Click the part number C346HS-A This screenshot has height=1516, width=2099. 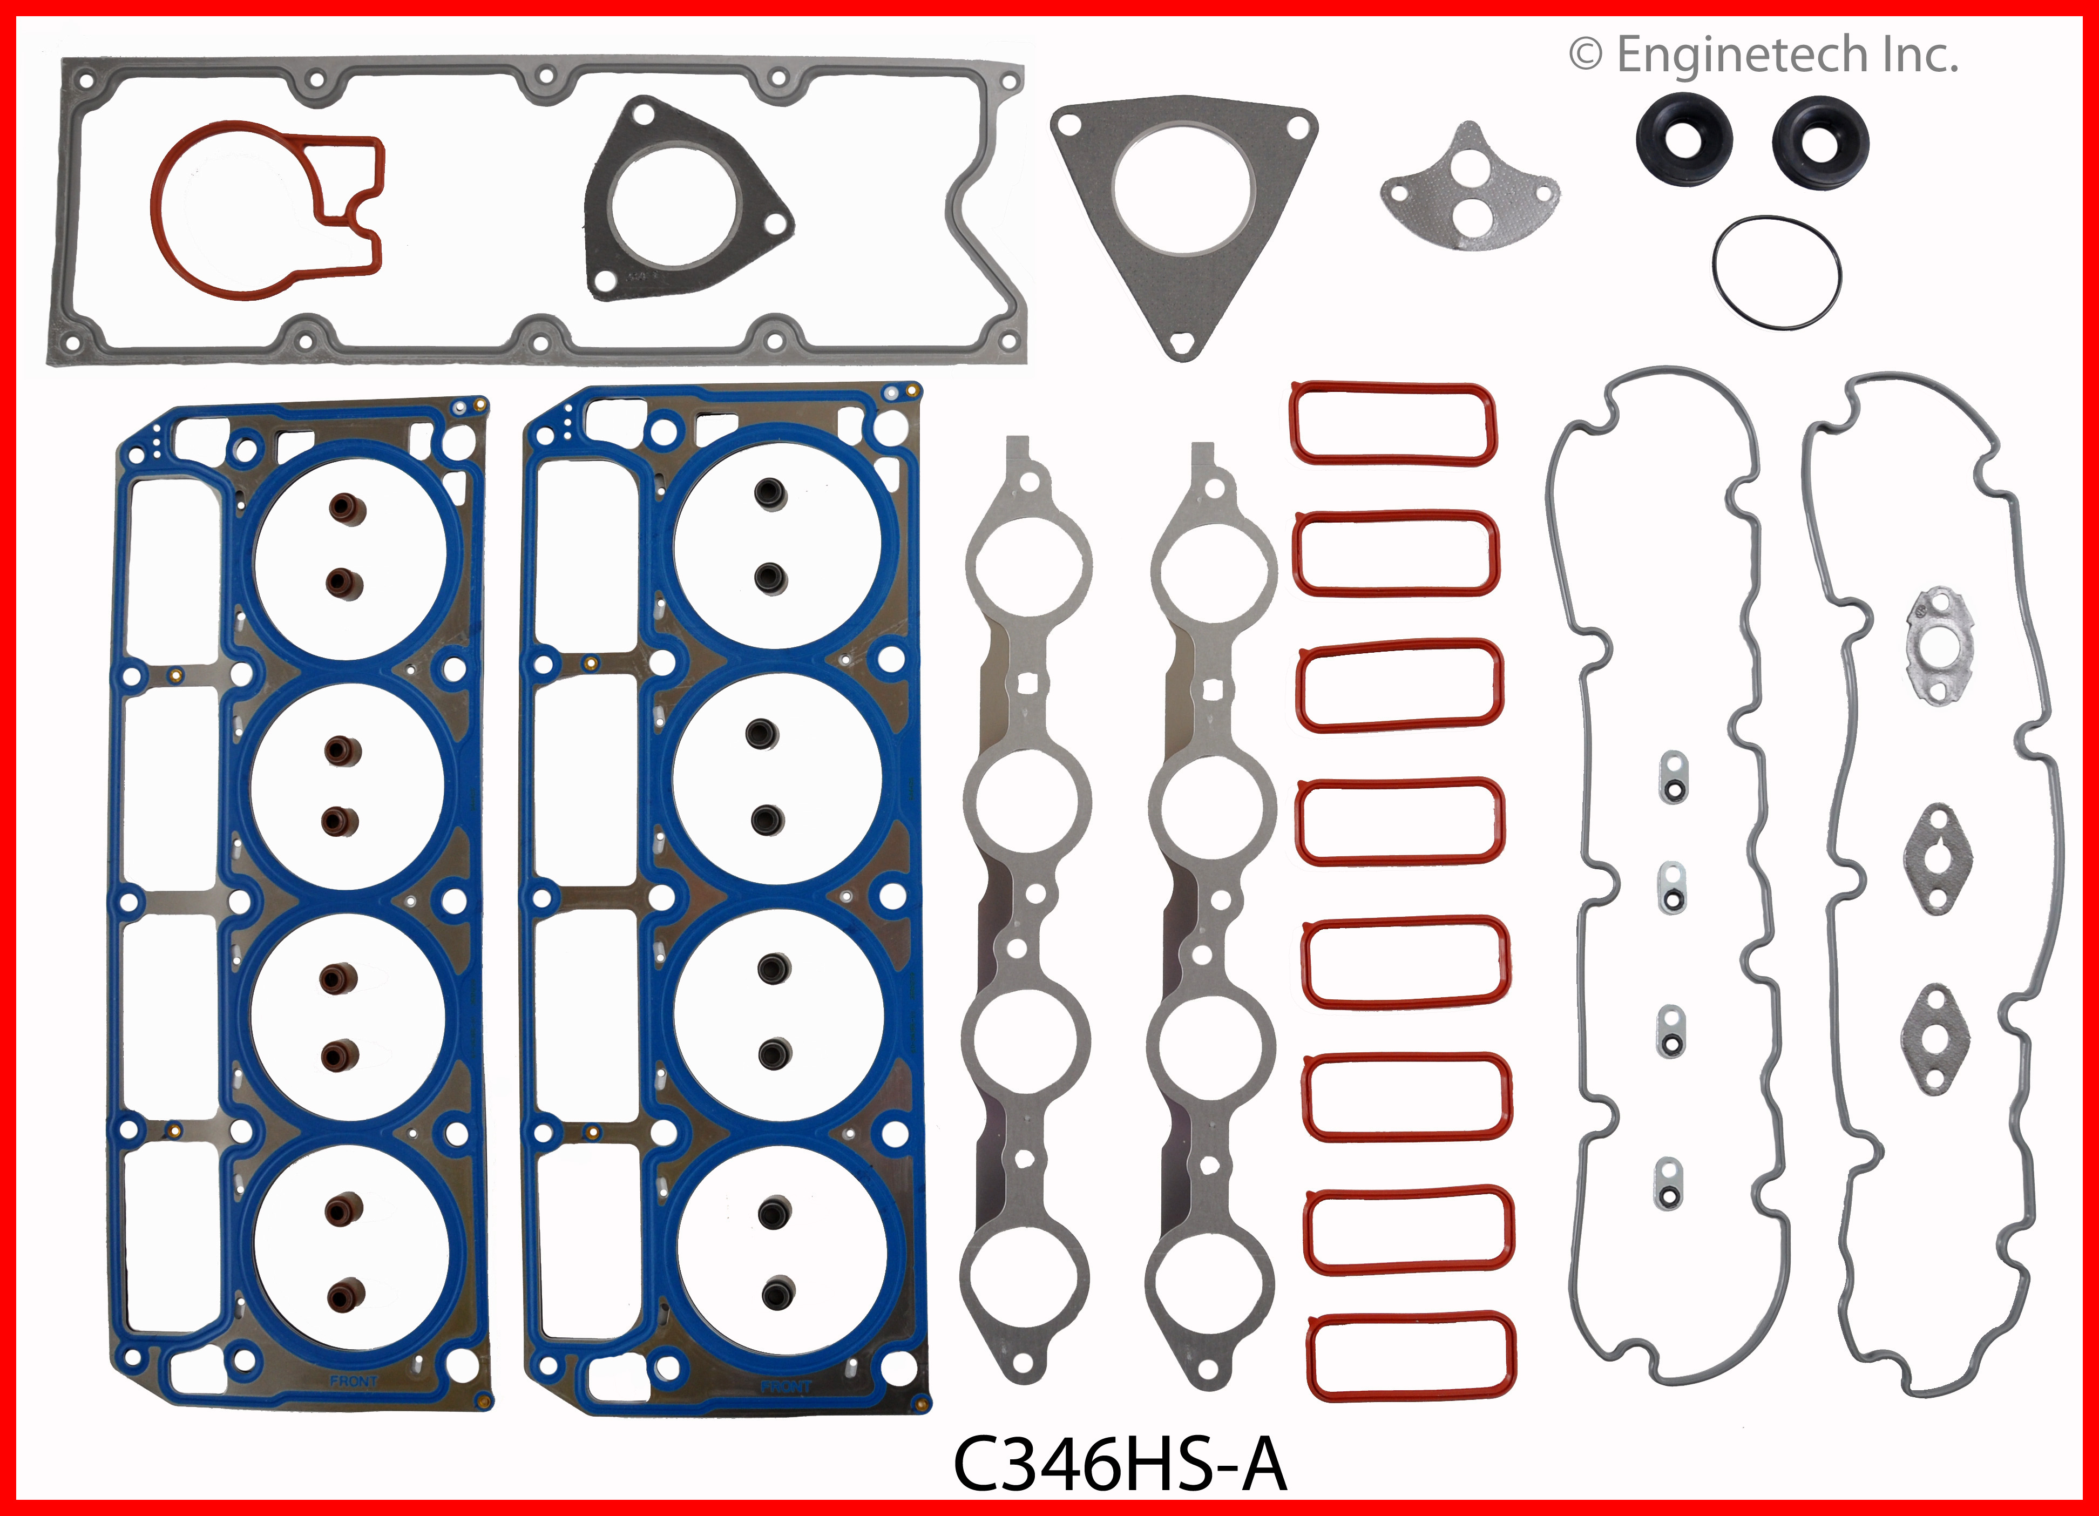1120,1464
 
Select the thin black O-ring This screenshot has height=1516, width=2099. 1776,271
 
